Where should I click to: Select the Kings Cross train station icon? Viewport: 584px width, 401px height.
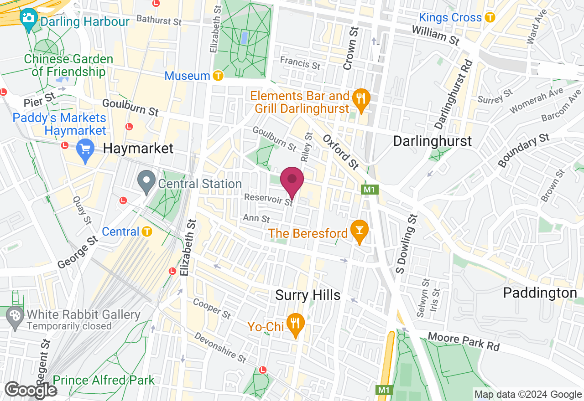coord(490,18)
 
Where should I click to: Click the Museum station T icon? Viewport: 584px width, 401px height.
coord(218,75)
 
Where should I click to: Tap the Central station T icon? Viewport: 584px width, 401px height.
coord(146,231)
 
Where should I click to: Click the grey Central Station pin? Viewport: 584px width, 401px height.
coord(146,181)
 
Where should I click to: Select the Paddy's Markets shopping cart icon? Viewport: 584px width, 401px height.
coord(85,149)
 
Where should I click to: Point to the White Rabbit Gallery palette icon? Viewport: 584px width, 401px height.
coord(15,316)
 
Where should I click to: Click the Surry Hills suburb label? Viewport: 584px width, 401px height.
coord(308,295)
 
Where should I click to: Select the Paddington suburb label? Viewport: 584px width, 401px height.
coord(540,293)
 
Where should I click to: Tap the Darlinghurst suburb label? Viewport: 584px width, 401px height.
coord(432,141)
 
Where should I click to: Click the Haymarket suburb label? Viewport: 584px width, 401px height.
coord(138,148)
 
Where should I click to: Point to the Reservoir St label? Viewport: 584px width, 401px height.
coord(268,200)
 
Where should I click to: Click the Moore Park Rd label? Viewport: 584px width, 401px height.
coord(464,341)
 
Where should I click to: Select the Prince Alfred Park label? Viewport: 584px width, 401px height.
coord(104,380)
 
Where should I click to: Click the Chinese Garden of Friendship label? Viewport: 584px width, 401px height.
coord(68,66)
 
